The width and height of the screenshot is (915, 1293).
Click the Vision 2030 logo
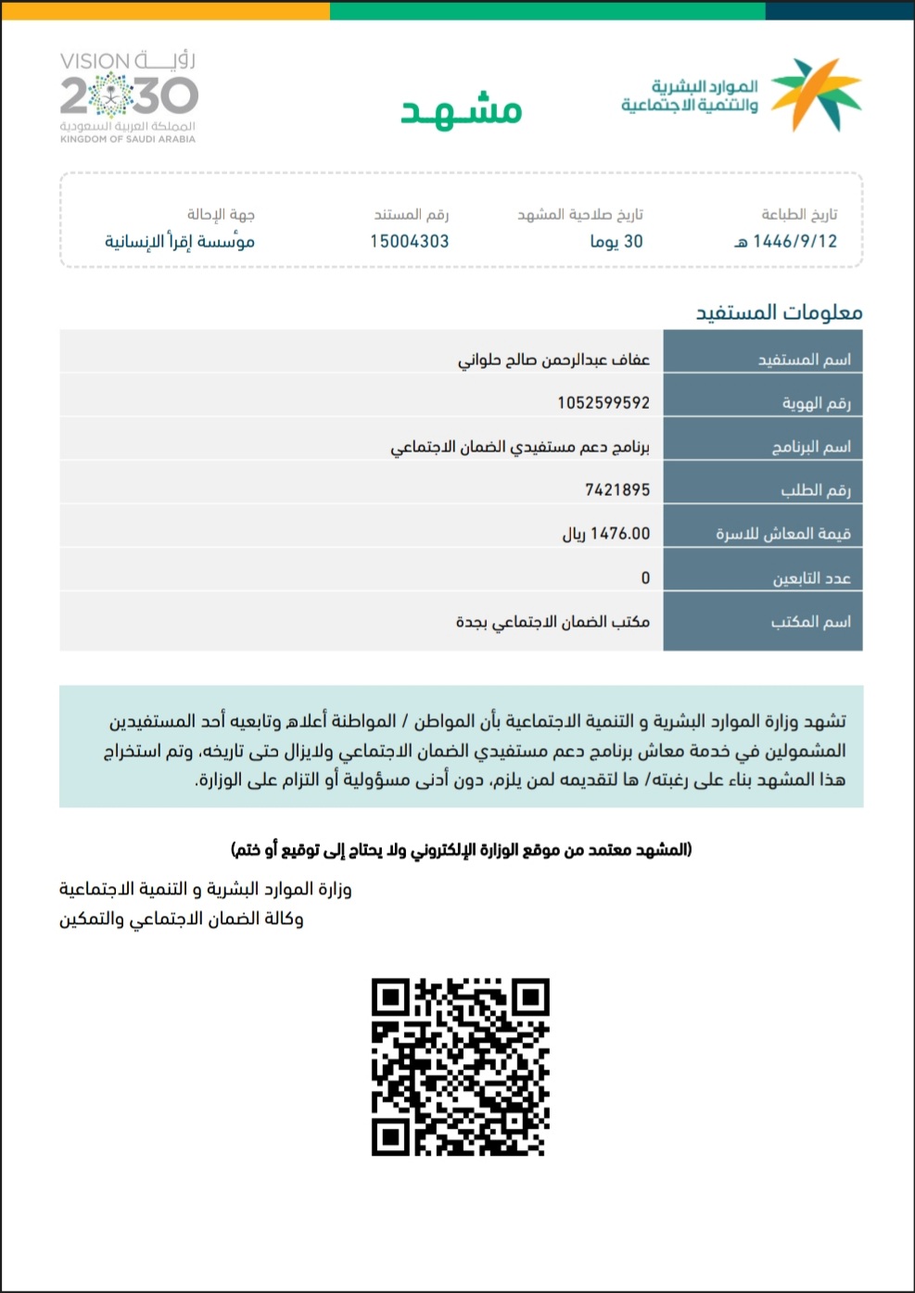pyautogui.click(x=129, y=97)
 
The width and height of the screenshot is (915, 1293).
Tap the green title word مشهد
pyautogui.click(x=462, y=110)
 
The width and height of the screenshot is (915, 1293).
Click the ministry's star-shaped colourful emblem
pyautogui.click(x=816, y=94)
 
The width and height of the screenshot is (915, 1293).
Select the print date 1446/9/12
pyautogui.click(x=786, y=242)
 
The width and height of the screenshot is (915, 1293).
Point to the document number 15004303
pyautogui.click(x=409, y=242)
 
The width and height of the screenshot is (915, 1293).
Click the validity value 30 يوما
pyautogui.click(x=616, y=242)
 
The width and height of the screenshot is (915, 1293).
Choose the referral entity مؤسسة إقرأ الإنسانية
pyautogui.click(x=180, y=242)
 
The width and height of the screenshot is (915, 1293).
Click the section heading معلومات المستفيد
pyautogui.click(x=779, y=312)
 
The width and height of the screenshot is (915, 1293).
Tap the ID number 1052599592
pyautogui.click(x=604, y=402)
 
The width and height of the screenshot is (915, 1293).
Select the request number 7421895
pyautogui.click(x=617, y=489)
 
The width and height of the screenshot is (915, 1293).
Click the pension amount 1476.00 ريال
pyautogui.click(x=606, y=534)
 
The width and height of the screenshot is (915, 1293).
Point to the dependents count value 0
pyautogui.click(x=645, y=578)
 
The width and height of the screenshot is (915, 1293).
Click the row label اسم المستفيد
pyautogui.click(x=804, y=360)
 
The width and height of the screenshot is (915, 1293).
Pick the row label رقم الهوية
pyautogui.click(x=816, y=403)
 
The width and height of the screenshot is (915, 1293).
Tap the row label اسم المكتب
pyautogui.click(x=810, y=622)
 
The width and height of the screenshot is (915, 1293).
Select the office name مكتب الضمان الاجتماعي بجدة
pyautogui.click(x=553, y=622)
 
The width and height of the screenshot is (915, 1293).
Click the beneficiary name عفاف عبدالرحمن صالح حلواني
pyautogui.click(x=553, y=360)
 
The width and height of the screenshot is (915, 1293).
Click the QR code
pyautogui.click(x=461, y=1067)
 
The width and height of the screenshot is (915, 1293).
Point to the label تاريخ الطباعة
pyautogui.click(x=799, y=214)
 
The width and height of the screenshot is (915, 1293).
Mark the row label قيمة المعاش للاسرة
pyautogui.click(x=782, y=534)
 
